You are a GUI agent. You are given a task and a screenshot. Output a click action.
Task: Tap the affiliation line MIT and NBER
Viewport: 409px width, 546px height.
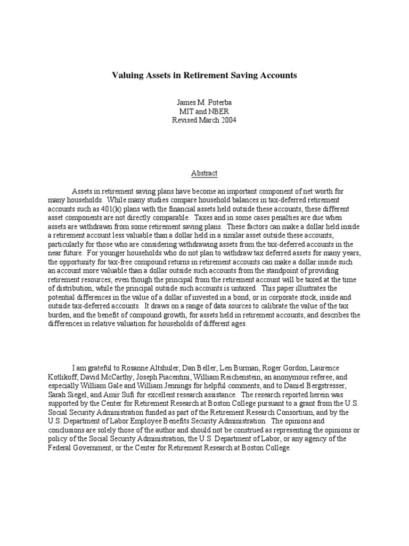click(x=204, y=111)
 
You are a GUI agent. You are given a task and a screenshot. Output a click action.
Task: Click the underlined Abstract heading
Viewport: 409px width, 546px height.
click(x=204, y=173)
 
